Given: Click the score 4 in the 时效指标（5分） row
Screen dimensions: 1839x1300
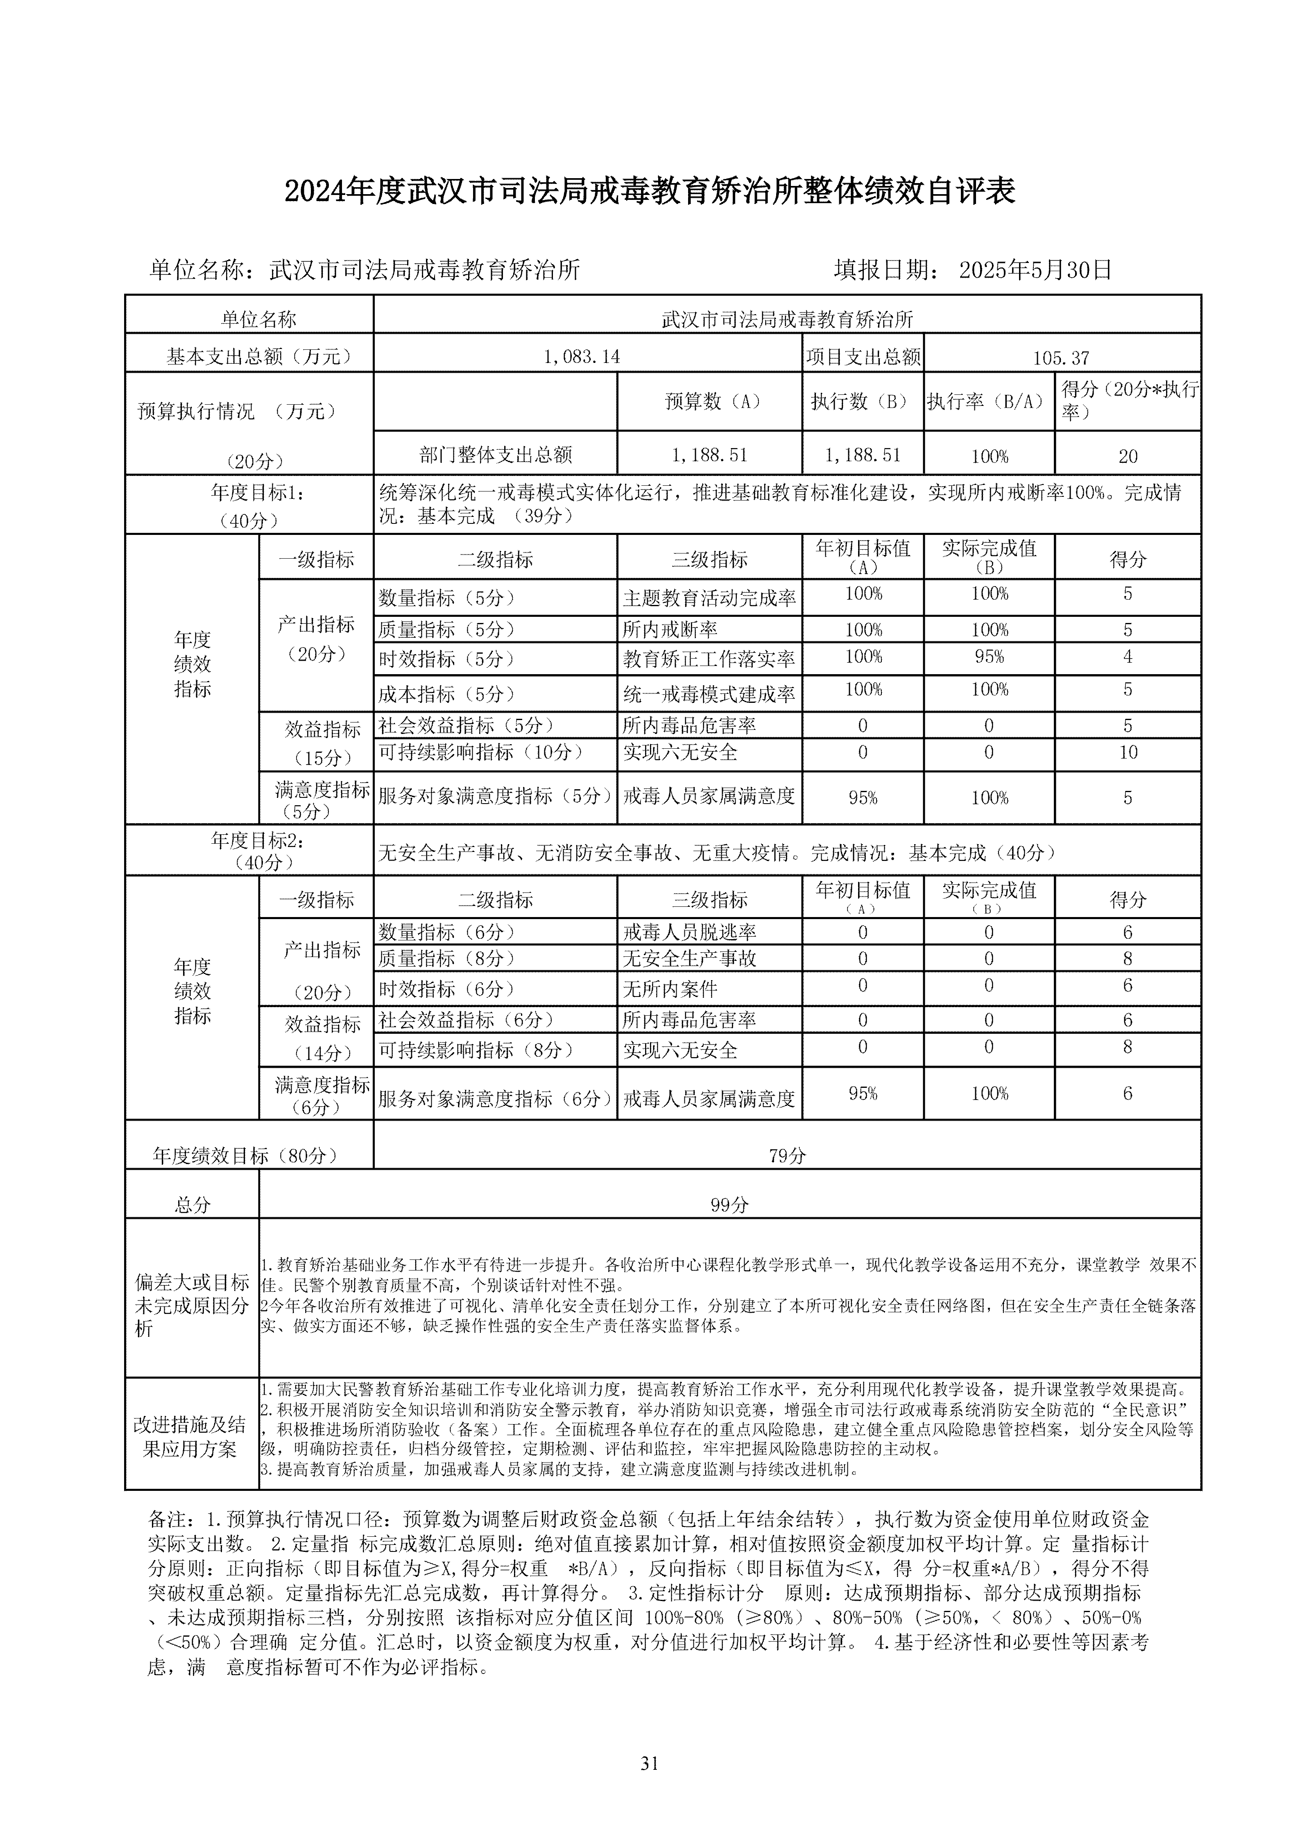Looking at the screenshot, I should [1127, 657].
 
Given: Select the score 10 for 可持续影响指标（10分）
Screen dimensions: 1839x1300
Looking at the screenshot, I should [1127, 752].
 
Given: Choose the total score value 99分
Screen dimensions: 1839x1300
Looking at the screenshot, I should [729, 1205].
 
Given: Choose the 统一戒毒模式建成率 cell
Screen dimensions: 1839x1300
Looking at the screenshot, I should [709, 694].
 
